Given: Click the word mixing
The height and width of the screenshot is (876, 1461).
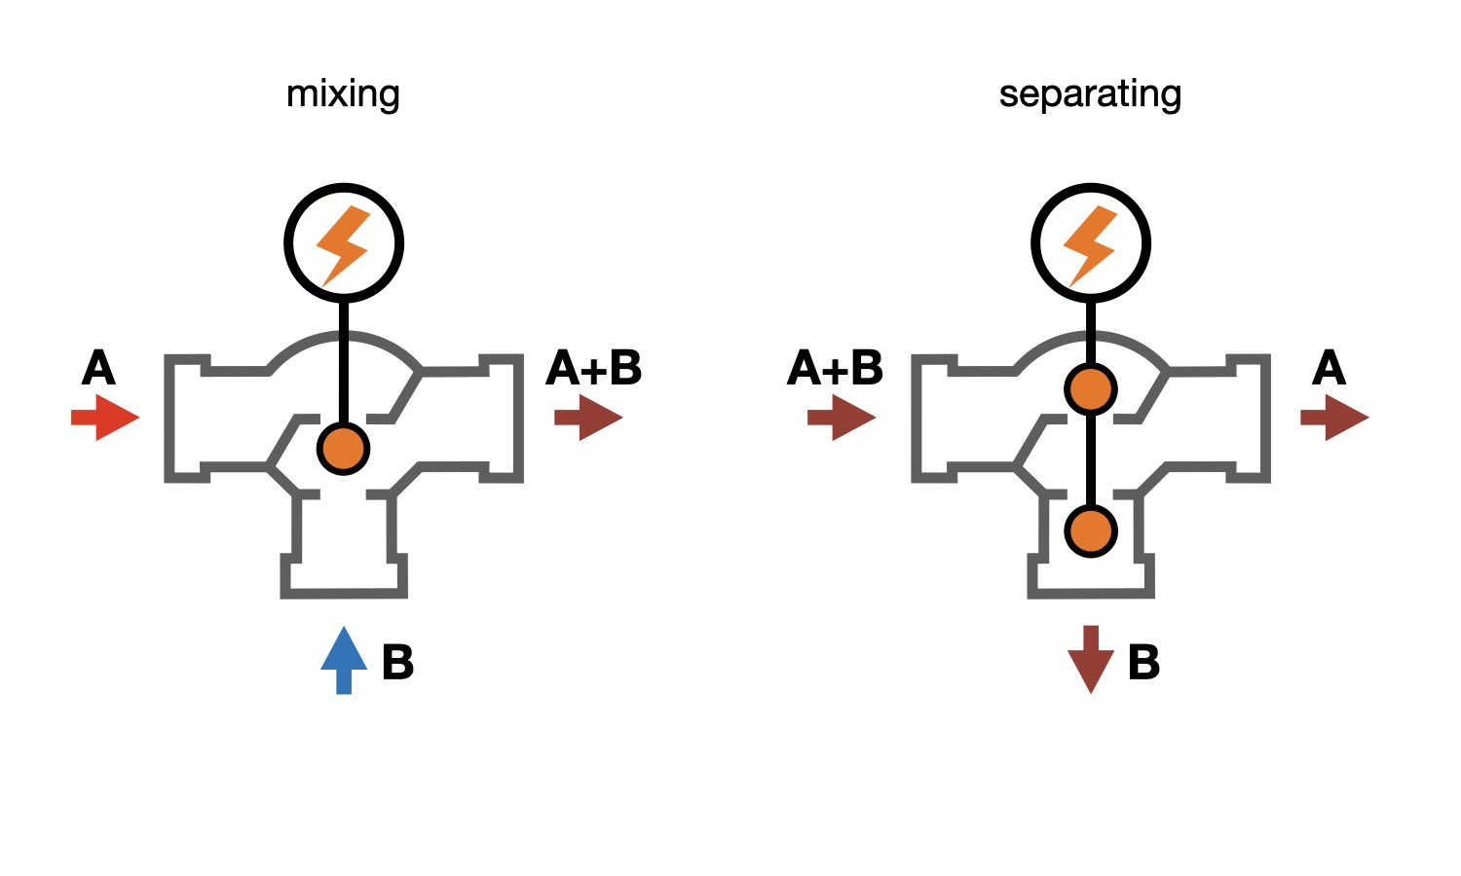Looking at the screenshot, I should (343, 94).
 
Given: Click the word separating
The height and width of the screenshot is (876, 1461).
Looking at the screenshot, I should (1090, 94).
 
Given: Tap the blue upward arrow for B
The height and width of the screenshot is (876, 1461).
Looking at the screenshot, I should (344, 659).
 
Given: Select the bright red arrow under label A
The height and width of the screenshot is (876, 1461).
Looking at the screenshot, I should (105, 418).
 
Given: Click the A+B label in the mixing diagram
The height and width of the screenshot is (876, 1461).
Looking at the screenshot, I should (594, 369).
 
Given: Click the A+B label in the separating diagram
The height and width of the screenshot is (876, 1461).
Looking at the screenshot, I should (835, 369).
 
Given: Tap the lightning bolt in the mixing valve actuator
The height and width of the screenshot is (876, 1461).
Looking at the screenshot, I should (343, 244).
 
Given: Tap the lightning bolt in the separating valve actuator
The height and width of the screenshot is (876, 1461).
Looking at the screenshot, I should (1090, 244).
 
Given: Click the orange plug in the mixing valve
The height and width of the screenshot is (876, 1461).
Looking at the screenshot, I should (343, 449).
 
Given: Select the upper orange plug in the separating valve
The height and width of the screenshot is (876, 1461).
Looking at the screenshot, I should (1091, 389).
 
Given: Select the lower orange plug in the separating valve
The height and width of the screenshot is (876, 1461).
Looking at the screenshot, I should (1091, 531).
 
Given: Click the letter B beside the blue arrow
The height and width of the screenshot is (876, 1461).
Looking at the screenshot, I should (397, 662).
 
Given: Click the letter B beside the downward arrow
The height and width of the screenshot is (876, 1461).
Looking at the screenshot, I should (1143, 662).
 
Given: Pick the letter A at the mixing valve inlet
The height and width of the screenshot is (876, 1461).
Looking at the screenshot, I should (98, 369).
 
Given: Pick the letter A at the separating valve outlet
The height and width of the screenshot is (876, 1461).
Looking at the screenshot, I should (1329, 369).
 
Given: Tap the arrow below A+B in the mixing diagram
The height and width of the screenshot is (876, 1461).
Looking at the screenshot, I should (588, 418).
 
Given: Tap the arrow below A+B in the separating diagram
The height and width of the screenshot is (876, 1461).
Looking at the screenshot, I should (842, 418).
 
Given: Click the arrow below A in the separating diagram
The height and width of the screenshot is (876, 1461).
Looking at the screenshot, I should (1334, 418).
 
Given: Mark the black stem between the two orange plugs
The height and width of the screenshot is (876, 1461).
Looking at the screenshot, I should (1091, 459).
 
